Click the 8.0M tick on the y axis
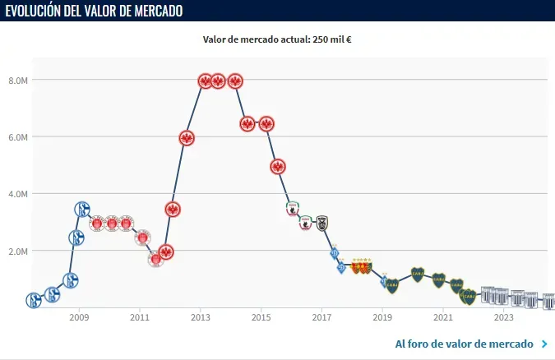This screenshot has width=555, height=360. click(19, 80)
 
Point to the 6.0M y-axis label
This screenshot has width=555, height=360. click(19, 136)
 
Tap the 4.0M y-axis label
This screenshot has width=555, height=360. click(19, 194)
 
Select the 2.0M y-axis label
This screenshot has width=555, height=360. click(19, 251)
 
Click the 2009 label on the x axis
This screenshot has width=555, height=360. click(79, 316)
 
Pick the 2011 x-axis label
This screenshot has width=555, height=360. click(140, 316)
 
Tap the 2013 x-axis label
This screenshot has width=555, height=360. click(201, 316)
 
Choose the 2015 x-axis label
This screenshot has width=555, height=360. click(261, 316)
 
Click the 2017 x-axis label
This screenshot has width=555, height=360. click(321, 316)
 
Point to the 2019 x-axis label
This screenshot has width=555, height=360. click(382, 316)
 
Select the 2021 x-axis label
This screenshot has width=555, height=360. click(443, 316)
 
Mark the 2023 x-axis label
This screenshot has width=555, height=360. click(503, 316)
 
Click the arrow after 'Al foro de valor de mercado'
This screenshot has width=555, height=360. click(543, 344)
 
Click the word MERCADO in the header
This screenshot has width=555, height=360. click(156, 11)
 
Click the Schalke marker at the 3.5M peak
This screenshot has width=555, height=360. click(81, 210)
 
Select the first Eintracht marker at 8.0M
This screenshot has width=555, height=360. click(205, 81)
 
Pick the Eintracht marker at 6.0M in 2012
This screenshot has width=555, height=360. click(187, 138)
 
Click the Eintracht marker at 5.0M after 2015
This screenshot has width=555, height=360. click(278, 166)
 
